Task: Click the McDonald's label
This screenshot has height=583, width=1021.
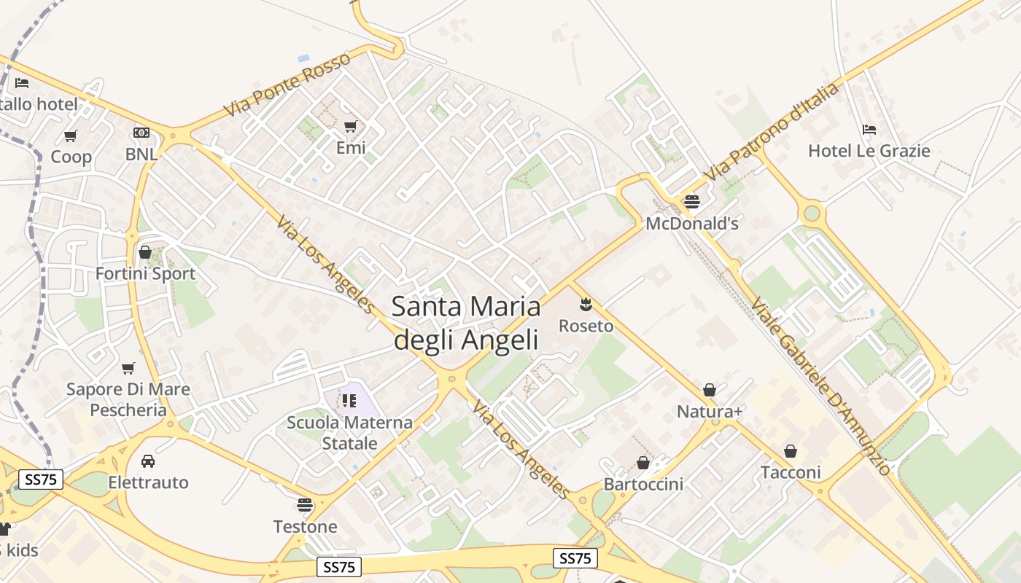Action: point(691,224)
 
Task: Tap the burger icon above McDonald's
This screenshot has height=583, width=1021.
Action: point(691,202)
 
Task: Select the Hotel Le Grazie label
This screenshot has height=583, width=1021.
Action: point(869,151)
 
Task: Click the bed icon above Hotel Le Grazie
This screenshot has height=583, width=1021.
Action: point(869,130)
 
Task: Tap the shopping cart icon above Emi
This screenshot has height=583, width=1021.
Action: point(350,126)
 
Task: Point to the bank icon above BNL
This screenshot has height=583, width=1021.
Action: point(141,133)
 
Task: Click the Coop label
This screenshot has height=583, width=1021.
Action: point(71,157)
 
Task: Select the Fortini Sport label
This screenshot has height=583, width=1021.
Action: point(145,274)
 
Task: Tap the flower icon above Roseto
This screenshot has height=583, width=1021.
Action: point(586,304)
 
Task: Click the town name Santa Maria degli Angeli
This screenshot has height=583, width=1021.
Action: point(466,322)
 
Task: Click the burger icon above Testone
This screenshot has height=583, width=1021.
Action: point(305,505)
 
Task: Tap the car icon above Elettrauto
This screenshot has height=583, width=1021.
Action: point(148,461)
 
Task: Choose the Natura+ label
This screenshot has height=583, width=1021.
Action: point(710,412)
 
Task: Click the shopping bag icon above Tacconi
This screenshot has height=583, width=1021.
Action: point(791,452)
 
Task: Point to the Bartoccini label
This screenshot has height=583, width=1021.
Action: point(643,485)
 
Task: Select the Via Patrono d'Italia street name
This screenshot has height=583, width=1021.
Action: point(773,133)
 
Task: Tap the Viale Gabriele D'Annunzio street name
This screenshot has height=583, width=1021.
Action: point(820,387)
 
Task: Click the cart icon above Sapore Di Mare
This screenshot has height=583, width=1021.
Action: point(128,368)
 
